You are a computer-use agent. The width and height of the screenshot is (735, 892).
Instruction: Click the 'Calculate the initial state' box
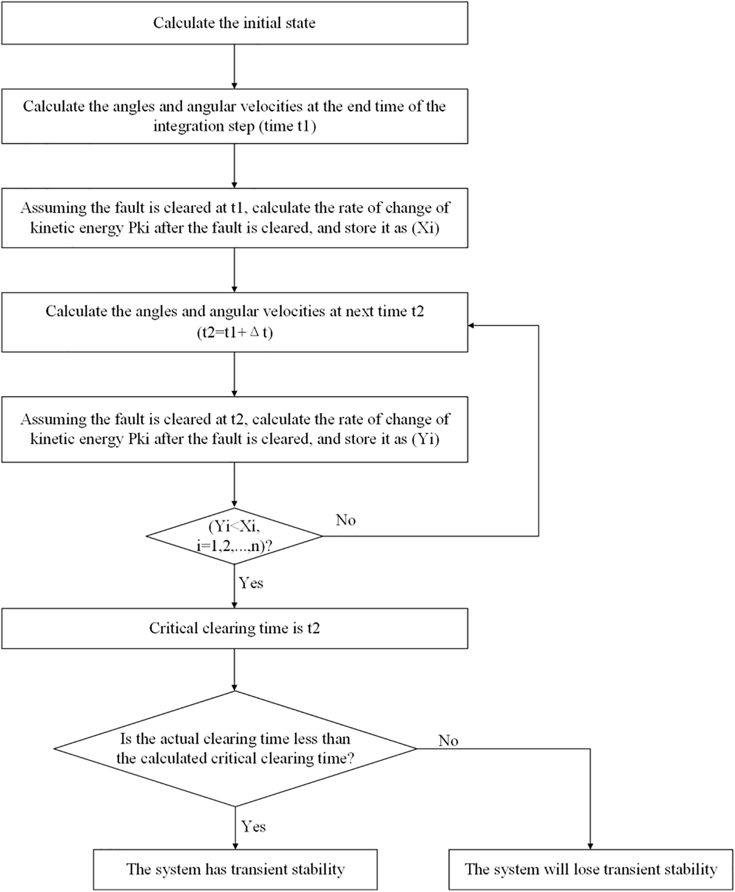234,23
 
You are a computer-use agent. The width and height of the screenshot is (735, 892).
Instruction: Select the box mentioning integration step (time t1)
234,116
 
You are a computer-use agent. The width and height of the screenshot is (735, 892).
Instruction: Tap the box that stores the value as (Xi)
234,218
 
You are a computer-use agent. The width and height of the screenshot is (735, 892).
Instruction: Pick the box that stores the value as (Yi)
234,429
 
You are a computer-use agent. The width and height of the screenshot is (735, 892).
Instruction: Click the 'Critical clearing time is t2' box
234,628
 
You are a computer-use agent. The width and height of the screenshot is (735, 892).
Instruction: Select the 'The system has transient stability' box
235,869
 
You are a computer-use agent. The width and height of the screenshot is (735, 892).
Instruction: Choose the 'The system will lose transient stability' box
591,869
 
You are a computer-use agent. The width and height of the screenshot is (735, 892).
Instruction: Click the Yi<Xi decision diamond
234,536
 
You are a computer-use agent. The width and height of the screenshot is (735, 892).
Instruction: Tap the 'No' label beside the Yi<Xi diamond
346,520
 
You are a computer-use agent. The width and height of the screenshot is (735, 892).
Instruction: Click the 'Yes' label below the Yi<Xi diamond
251,583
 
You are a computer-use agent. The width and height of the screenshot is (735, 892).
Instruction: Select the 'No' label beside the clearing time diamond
448,741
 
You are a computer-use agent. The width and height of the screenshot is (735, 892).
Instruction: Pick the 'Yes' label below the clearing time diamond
253,827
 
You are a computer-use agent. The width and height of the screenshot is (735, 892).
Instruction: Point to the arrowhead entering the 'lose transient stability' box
590,846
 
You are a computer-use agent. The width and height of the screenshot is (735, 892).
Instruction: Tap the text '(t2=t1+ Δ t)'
234,333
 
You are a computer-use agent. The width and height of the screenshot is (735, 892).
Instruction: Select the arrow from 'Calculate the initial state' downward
234,66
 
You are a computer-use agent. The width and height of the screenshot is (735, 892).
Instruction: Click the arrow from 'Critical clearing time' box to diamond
234,669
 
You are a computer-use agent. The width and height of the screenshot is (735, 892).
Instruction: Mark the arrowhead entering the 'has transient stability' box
235,846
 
